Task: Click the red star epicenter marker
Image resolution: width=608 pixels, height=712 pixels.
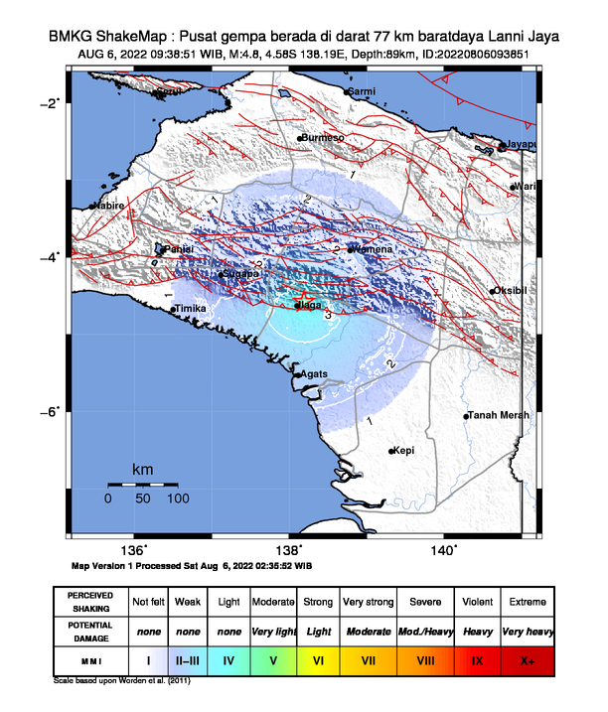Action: click(x=305, y=299)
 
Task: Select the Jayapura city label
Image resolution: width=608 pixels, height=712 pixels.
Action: click(x=521, y=145)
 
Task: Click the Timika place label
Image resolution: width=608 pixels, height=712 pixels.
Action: click(x=190, y=309)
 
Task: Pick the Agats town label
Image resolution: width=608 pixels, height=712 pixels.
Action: click(x=314, y=373)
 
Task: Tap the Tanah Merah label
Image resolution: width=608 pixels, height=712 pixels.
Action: click(x=498, y=415)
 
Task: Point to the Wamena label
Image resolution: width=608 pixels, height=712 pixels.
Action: click(x=374, y=249)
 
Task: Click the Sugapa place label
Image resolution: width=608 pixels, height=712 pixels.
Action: click(x=239, y=273)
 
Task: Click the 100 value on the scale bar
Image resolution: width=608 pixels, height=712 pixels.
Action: click(x=178, y=498)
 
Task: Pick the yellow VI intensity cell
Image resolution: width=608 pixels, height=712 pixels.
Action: click(x=318, y=659)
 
